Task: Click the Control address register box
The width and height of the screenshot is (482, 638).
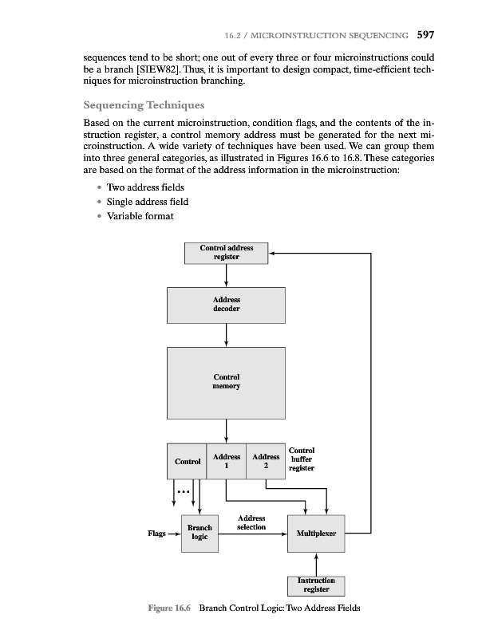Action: point(227,253)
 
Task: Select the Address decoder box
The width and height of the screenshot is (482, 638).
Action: point(227,304)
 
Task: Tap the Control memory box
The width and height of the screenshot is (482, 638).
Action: point(227,381)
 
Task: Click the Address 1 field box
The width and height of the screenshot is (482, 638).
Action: point(227,461)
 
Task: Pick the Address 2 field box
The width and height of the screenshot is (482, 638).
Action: point(266,461)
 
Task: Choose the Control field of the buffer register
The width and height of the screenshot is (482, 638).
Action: point(188,461)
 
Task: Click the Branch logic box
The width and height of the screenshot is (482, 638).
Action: point(200,532)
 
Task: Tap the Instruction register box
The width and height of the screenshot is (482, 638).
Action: point(316,585)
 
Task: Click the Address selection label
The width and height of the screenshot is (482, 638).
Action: point(251,523)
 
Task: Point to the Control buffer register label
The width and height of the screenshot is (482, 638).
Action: point(302,459)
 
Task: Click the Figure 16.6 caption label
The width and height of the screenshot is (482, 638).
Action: point(168,608)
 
